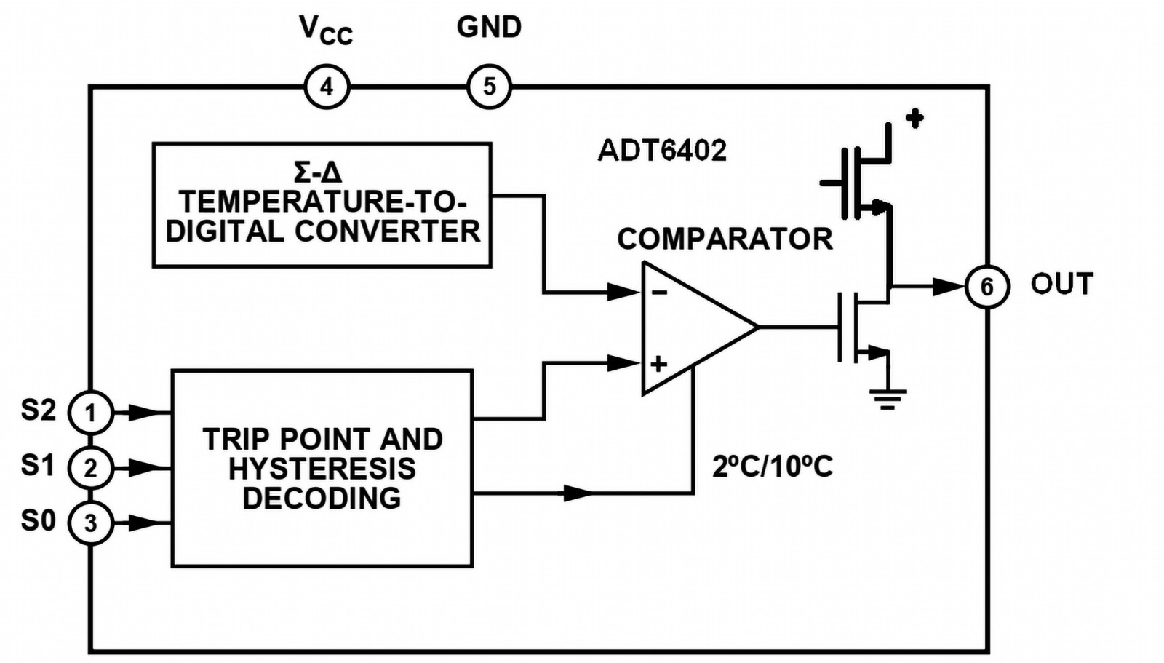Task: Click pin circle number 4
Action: (x=327, y=87)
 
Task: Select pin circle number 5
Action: (x=489, y=87)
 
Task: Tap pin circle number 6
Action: (x=986, y=286)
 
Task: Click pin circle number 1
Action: (x=90, y=413)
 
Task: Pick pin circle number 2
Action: (x=90, y=467)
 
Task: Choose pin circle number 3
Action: (x=90, y=523)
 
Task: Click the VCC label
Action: (x=325, y=31)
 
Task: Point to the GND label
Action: (x=489, y=28)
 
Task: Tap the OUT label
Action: (x=1061, y=284)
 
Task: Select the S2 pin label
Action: (x=38, y=410)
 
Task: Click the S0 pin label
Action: (x=38, y=520)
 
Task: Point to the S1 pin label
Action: (x=38, y=464)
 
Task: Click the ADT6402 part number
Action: (x=662, y=151)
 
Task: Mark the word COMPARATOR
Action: (x=725, y=239)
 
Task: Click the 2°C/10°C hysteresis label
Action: (x=772, y=466)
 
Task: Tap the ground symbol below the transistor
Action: (x=888, y=399)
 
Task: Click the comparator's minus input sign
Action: (x=659, y=293)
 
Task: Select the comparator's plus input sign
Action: (x=659, y=363)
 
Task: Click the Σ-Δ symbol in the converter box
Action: (x=318, y=172)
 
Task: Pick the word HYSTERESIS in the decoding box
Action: (x=322, y=469)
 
